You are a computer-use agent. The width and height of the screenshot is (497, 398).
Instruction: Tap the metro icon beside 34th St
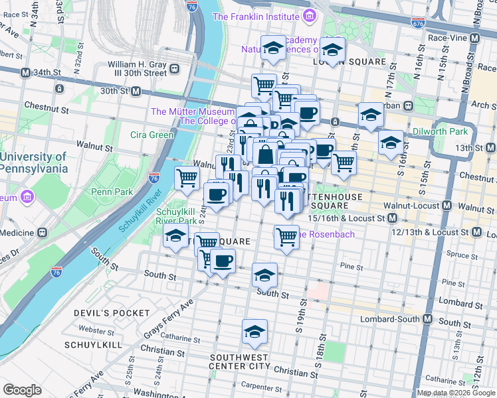click(x=25, y=72)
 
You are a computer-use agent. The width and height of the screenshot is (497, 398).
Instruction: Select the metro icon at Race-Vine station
click(x=474, y=38)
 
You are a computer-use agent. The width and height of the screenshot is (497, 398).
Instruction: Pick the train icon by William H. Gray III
click(x=175, y=68)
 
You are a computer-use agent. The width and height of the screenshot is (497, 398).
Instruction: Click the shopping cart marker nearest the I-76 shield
click(x=187, y=178)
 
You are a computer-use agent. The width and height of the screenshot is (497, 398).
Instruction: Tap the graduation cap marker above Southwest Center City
click(x=254, y=332)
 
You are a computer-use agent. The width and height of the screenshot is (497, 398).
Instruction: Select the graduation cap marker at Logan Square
click(x=332, y=48)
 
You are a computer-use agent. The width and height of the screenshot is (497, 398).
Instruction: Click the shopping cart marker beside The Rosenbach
click(x=286, y=236)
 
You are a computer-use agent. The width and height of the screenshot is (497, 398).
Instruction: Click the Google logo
click(x=23, y=390)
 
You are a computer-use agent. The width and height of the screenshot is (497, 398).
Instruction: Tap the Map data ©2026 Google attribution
click(x=455, y=393)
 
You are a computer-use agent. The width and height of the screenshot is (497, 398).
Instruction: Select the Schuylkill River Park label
click(x=175, y=216)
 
